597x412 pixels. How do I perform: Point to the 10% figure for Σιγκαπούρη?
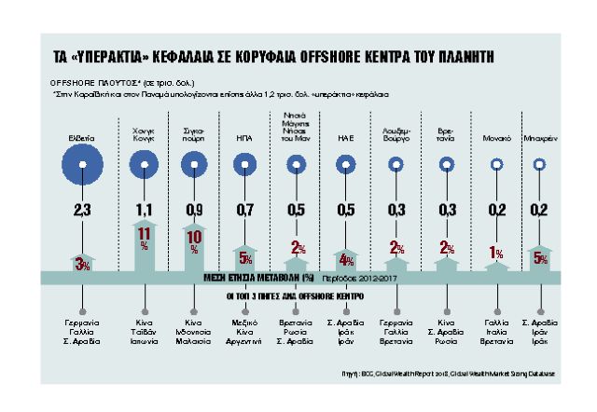tap(193, 240)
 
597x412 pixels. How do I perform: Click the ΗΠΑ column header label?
tap(245, 135)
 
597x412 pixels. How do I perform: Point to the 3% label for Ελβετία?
tap(84, 265)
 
